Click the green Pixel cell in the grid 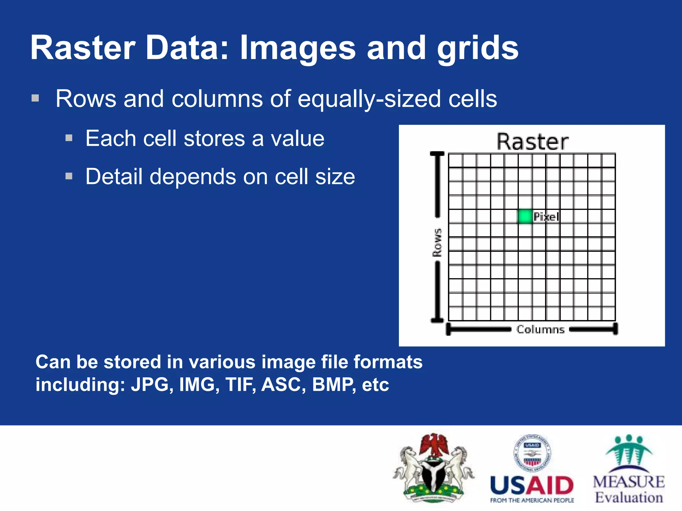[525, 217]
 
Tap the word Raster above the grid [532, 142]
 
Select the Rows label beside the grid [437, 243]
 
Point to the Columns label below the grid [540, 330]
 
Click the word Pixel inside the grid [546, 217]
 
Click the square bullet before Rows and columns [35, 98]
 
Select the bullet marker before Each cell [69, 138]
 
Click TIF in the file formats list [240, 385]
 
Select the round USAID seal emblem [532, 453]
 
